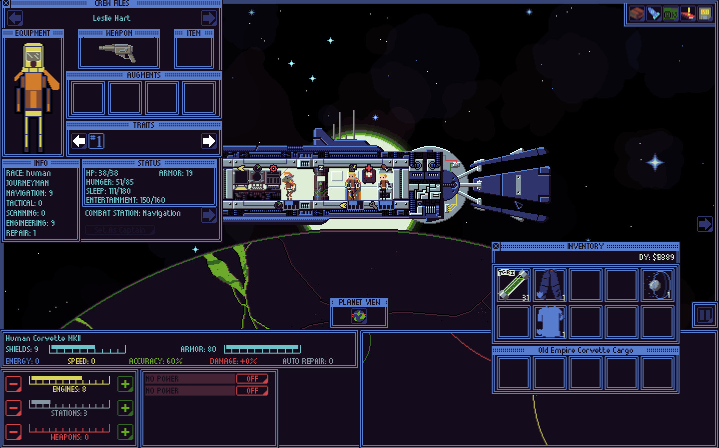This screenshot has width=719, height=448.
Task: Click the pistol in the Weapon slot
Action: [x=118, y=51]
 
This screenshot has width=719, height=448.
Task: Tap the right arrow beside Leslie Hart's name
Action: [x=208, y=18]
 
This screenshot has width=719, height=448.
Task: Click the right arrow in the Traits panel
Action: [x=208, y=141]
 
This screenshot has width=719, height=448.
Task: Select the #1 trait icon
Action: [x=96, y=141]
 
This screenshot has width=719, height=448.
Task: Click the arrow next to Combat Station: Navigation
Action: [x=208, y=215]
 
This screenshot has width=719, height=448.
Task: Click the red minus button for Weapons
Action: [x=13, y=432]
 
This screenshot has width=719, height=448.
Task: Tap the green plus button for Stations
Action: [x=125, y=408]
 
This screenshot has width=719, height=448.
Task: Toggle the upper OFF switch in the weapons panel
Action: [x=252, y=379]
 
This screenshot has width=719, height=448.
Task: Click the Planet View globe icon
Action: [x=359, y=316]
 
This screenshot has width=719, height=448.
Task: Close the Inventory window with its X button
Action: [x=496, y=246]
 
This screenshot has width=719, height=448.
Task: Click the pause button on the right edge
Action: [x=705, y=315]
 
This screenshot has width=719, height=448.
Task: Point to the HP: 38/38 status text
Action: [x=102, y=173]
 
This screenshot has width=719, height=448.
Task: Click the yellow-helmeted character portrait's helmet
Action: [x=33, y=54]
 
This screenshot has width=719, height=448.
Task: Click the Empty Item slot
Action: [x=194, y=51]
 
